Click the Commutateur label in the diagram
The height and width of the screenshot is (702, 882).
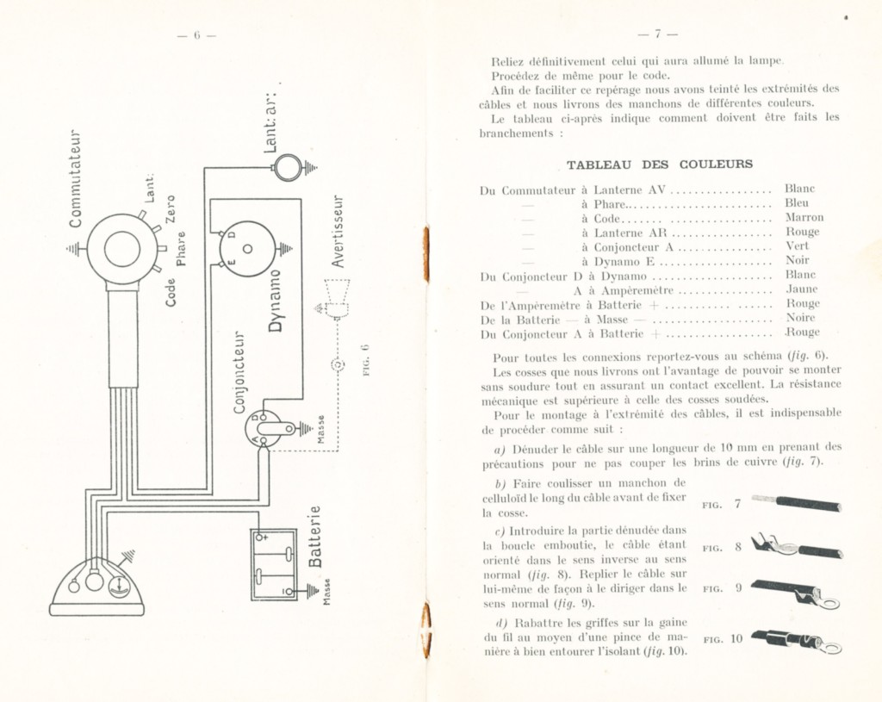tap(76, 177)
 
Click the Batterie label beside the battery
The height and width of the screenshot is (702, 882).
tap(314, 537)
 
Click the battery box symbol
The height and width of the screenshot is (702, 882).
tap(274, 564)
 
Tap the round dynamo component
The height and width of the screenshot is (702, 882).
tap(247, 248)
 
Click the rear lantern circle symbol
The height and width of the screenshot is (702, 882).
tap(287, 167)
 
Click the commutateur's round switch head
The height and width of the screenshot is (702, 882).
tap(121, 250)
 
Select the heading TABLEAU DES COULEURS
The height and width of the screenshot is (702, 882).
tap(659, 164)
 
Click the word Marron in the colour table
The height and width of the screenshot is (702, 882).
tap(804, 217)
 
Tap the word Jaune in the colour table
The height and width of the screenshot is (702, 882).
tap(802, 289)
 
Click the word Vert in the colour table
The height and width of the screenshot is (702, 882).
tap(798, 245)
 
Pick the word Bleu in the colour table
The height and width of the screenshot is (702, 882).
tap(797, 202)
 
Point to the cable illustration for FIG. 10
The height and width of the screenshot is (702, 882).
tap(796, 641)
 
